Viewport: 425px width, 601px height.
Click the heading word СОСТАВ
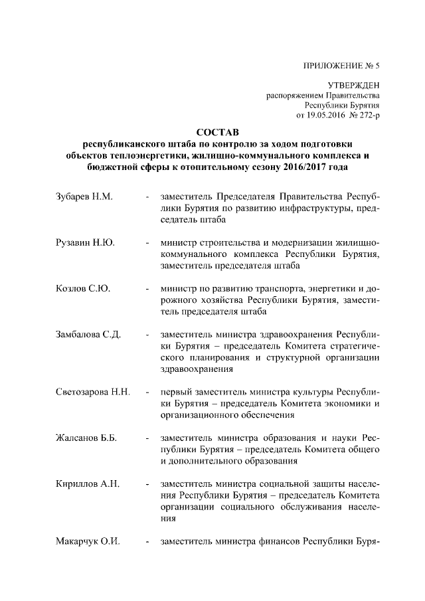point(212,133)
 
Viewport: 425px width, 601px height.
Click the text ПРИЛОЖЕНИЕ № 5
point(341,65)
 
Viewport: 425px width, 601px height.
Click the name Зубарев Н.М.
point(84,197)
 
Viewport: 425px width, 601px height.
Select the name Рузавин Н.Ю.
point(86,243)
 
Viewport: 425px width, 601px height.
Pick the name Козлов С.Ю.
point(83,288)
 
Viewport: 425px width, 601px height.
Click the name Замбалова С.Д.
point(88,334)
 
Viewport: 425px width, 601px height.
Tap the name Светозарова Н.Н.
point(92,391)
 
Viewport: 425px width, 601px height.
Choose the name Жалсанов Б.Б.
point(86,437)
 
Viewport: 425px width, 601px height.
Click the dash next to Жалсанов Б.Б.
point(146,438)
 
